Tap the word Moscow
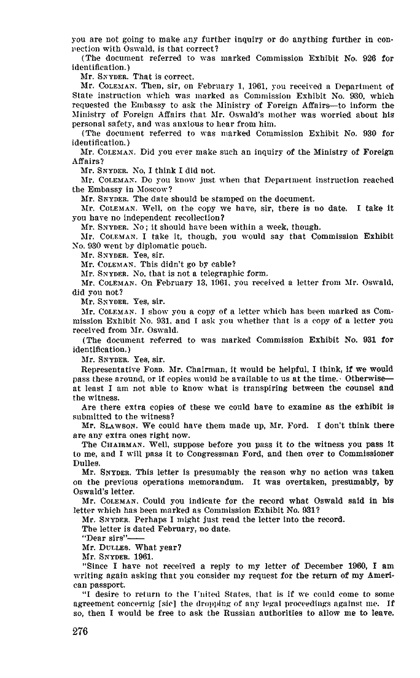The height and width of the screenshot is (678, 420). (x=140, y=190)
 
